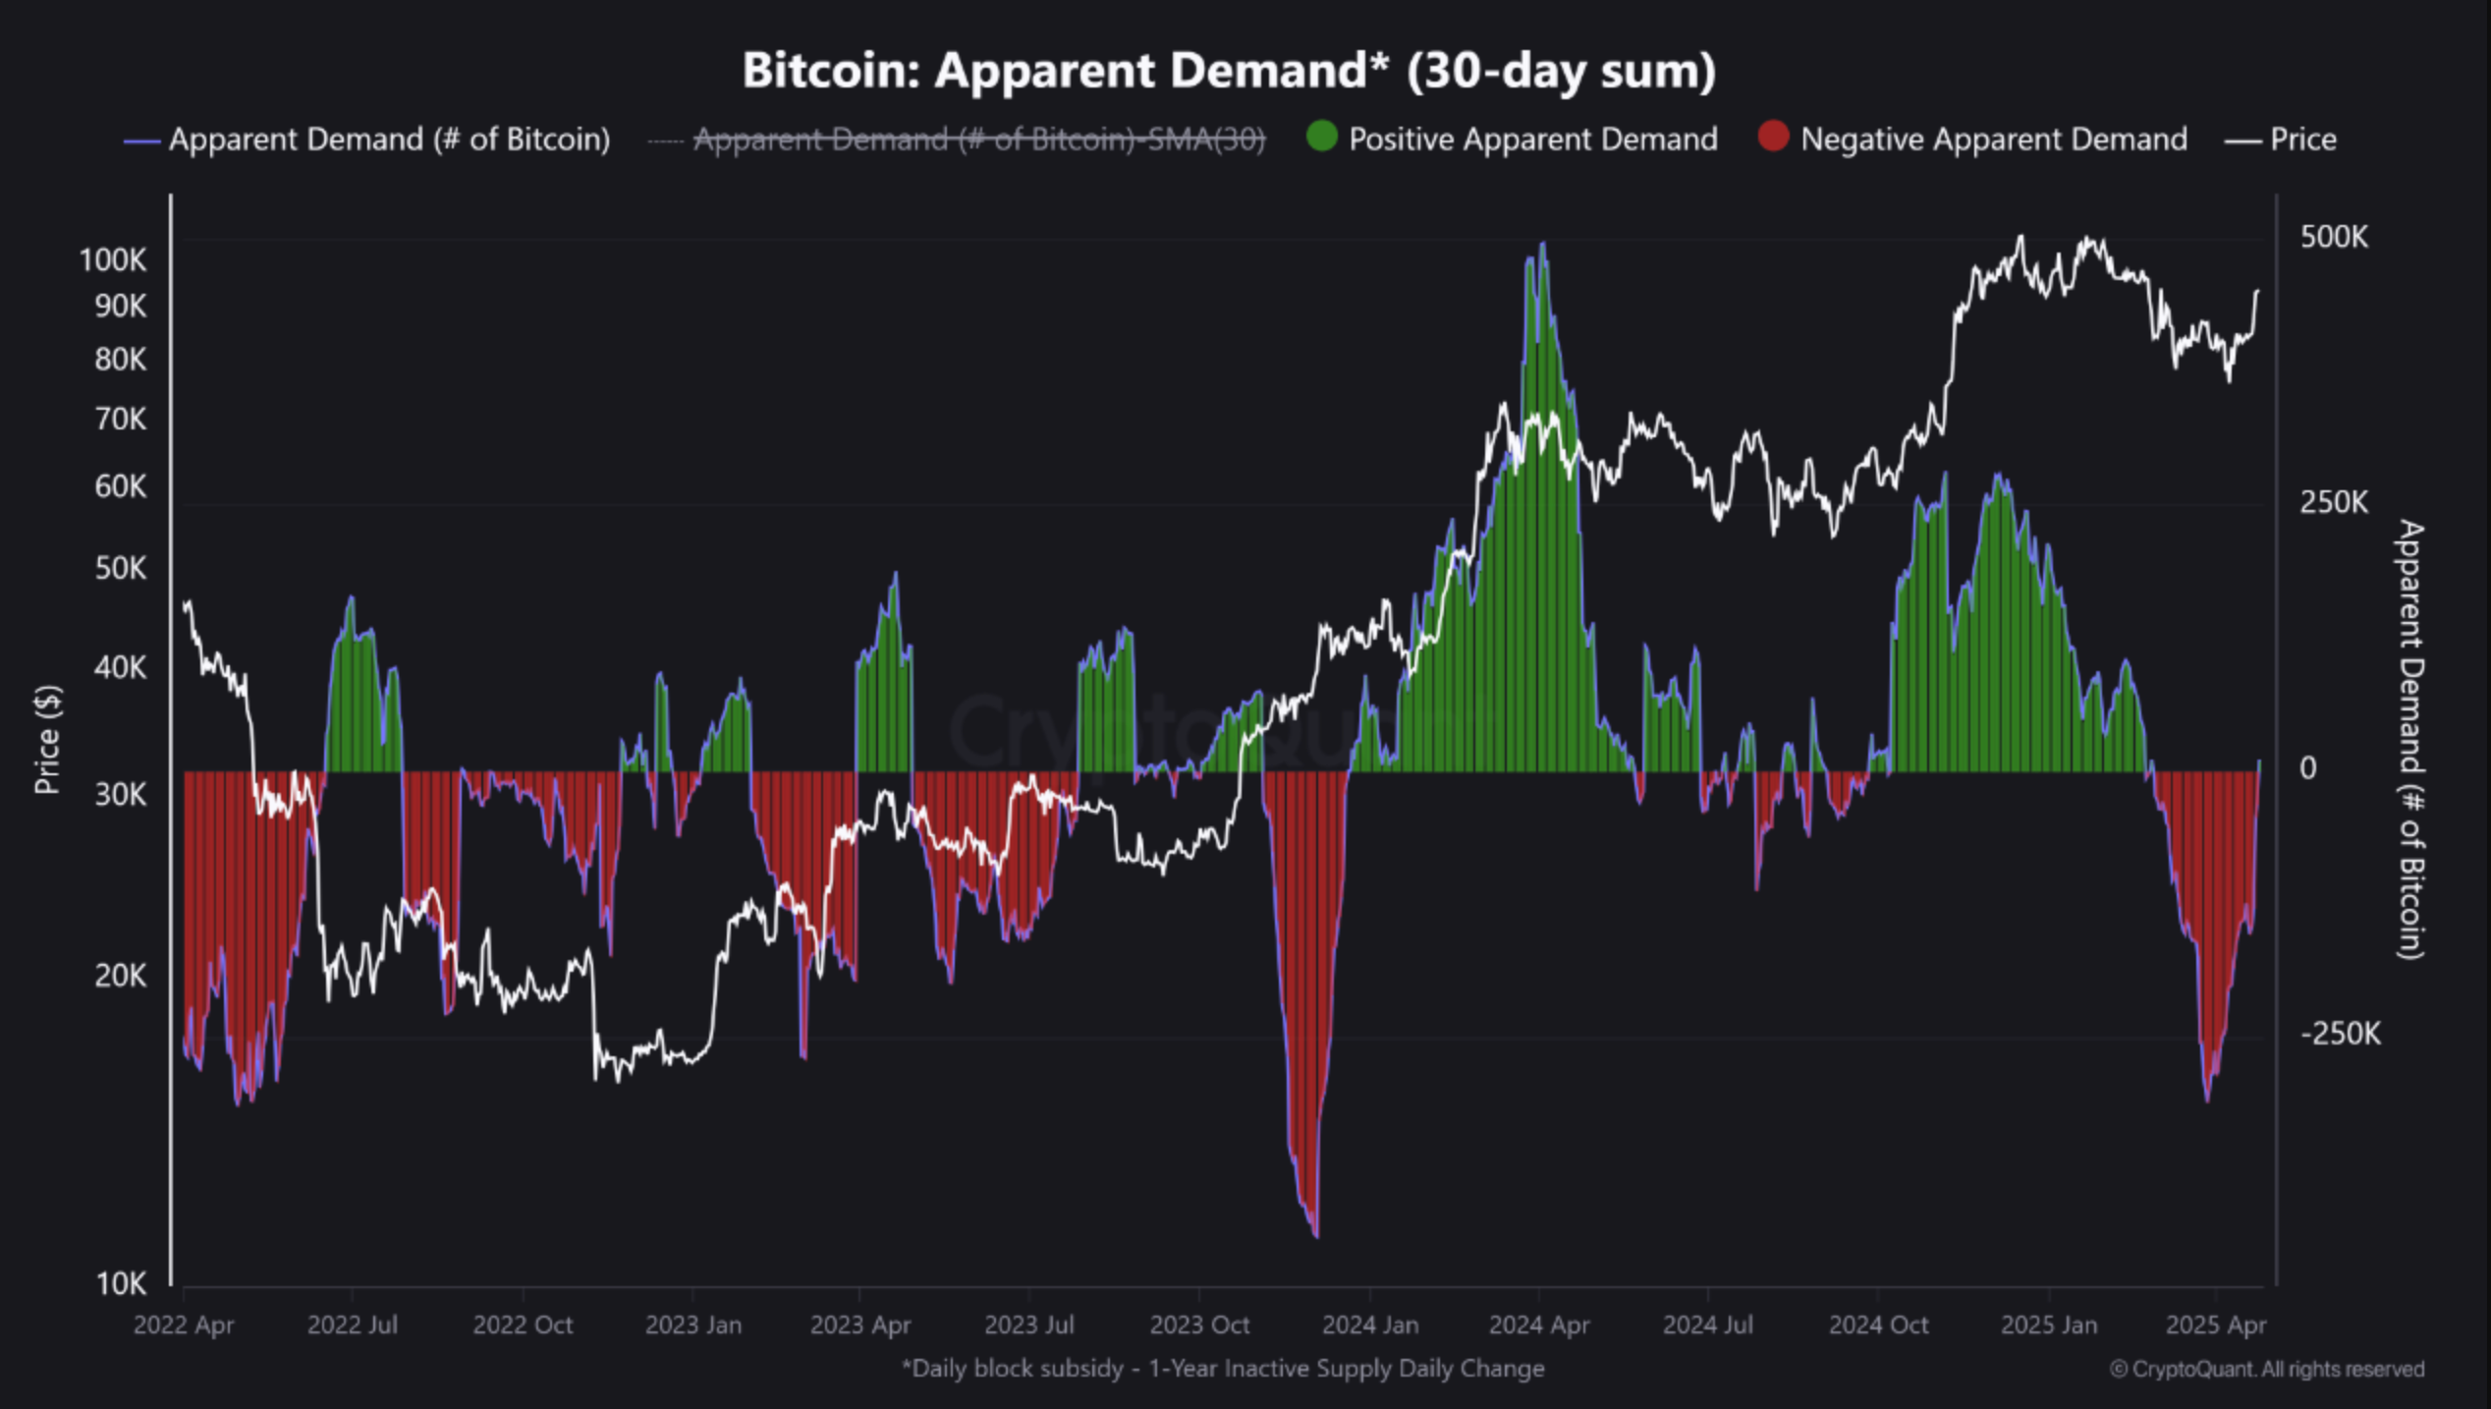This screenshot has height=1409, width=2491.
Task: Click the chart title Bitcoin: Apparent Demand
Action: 1228,71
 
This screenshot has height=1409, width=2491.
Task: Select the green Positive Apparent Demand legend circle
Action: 1322,137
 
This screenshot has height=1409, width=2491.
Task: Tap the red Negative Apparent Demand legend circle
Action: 1773,137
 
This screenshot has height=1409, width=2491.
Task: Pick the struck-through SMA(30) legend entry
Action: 978,140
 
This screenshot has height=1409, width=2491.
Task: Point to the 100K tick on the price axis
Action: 113,260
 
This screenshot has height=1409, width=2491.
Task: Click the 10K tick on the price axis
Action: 121,1283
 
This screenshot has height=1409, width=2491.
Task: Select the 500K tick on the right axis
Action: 2334,238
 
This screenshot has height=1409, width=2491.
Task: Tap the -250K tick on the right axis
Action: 2340,1034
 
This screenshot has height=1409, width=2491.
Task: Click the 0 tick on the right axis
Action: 2307,768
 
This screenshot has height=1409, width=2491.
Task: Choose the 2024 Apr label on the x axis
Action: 1538,1324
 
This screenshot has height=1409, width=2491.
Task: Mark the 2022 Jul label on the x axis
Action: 352,1324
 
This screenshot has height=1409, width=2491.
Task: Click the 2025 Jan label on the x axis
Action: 2048,1324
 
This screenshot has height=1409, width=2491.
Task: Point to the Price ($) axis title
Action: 47,739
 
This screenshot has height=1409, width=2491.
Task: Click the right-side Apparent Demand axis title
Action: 2411,739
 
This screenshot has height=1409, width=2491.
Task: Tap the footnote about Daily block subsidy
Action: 1223,1368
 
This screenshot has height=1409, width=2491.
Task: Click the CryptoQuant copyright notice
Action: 2267,1369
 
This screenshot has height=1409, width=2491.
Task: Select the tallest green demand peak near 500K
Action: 1542,246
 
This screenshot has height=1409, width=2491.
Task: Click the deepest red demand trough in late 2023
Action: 1315,1233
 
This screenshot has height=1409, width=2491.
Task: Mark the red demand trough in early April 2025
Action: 2207,1099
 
